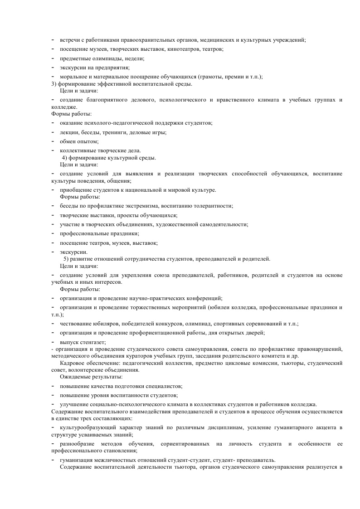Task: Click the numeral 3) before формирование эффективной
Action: pos(54,84)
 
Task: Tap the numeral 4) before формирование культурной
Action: pos(65,158)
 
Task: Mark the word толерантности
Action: pos(214,206)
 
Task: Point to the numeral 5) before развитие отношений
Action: pos(67,259)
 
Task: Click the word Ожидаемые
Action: pos(74,377)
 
